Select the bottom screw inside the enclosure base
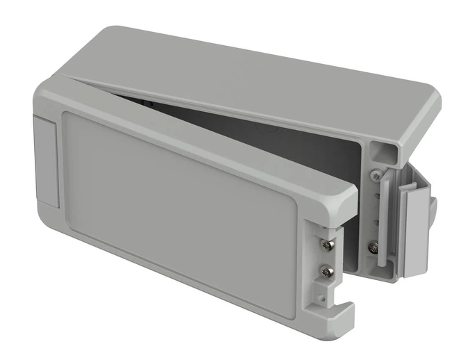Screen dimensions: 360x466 [373, 246]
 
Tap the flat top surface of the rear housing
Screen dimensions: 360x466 [264, 69]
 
